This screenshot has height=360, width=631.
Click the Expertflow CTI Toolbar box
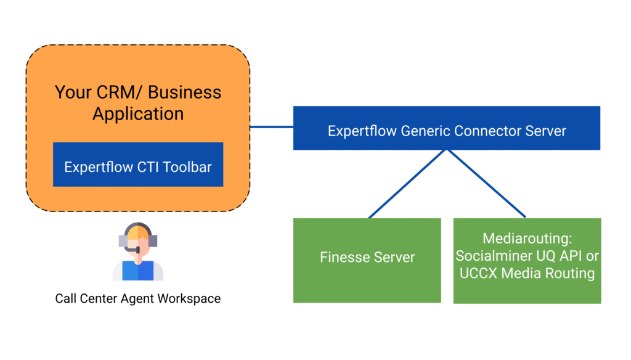point(138,165)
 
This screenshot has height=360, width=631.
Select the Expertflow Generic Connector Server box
point(447,128)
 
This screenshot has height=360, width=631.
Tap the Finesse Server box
point(367,260)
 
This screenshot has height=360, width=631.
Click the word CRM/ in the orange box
point(120,92)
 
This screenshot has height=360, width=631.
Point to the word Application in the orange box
point(138,114)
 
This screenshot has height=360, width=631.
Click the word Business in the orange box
point(185,92)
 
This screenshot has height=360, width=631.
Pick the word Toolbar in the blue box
point(187,167)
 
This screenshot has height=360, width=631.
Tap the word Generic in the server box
point(425,131)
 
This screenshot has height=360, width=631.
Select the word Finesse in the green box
point(344,257)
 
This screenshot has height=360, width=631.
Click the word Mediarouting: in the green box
point(527,239)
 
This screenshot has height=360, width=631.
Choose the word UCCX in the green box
point(478,273)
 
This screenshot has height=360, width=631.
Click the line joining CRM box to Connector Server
point(272,127)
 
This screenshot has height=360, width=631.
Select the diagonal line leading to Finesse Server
point(407,184)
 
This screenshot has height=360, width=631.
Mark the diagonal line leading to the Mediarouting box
point(487,184)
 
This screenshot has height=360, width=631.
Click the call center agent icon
point(138,252)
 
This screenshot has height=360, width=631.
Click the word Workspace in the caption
point(189,298)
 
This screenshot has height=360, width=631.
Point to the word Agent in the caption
point(137,299)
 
